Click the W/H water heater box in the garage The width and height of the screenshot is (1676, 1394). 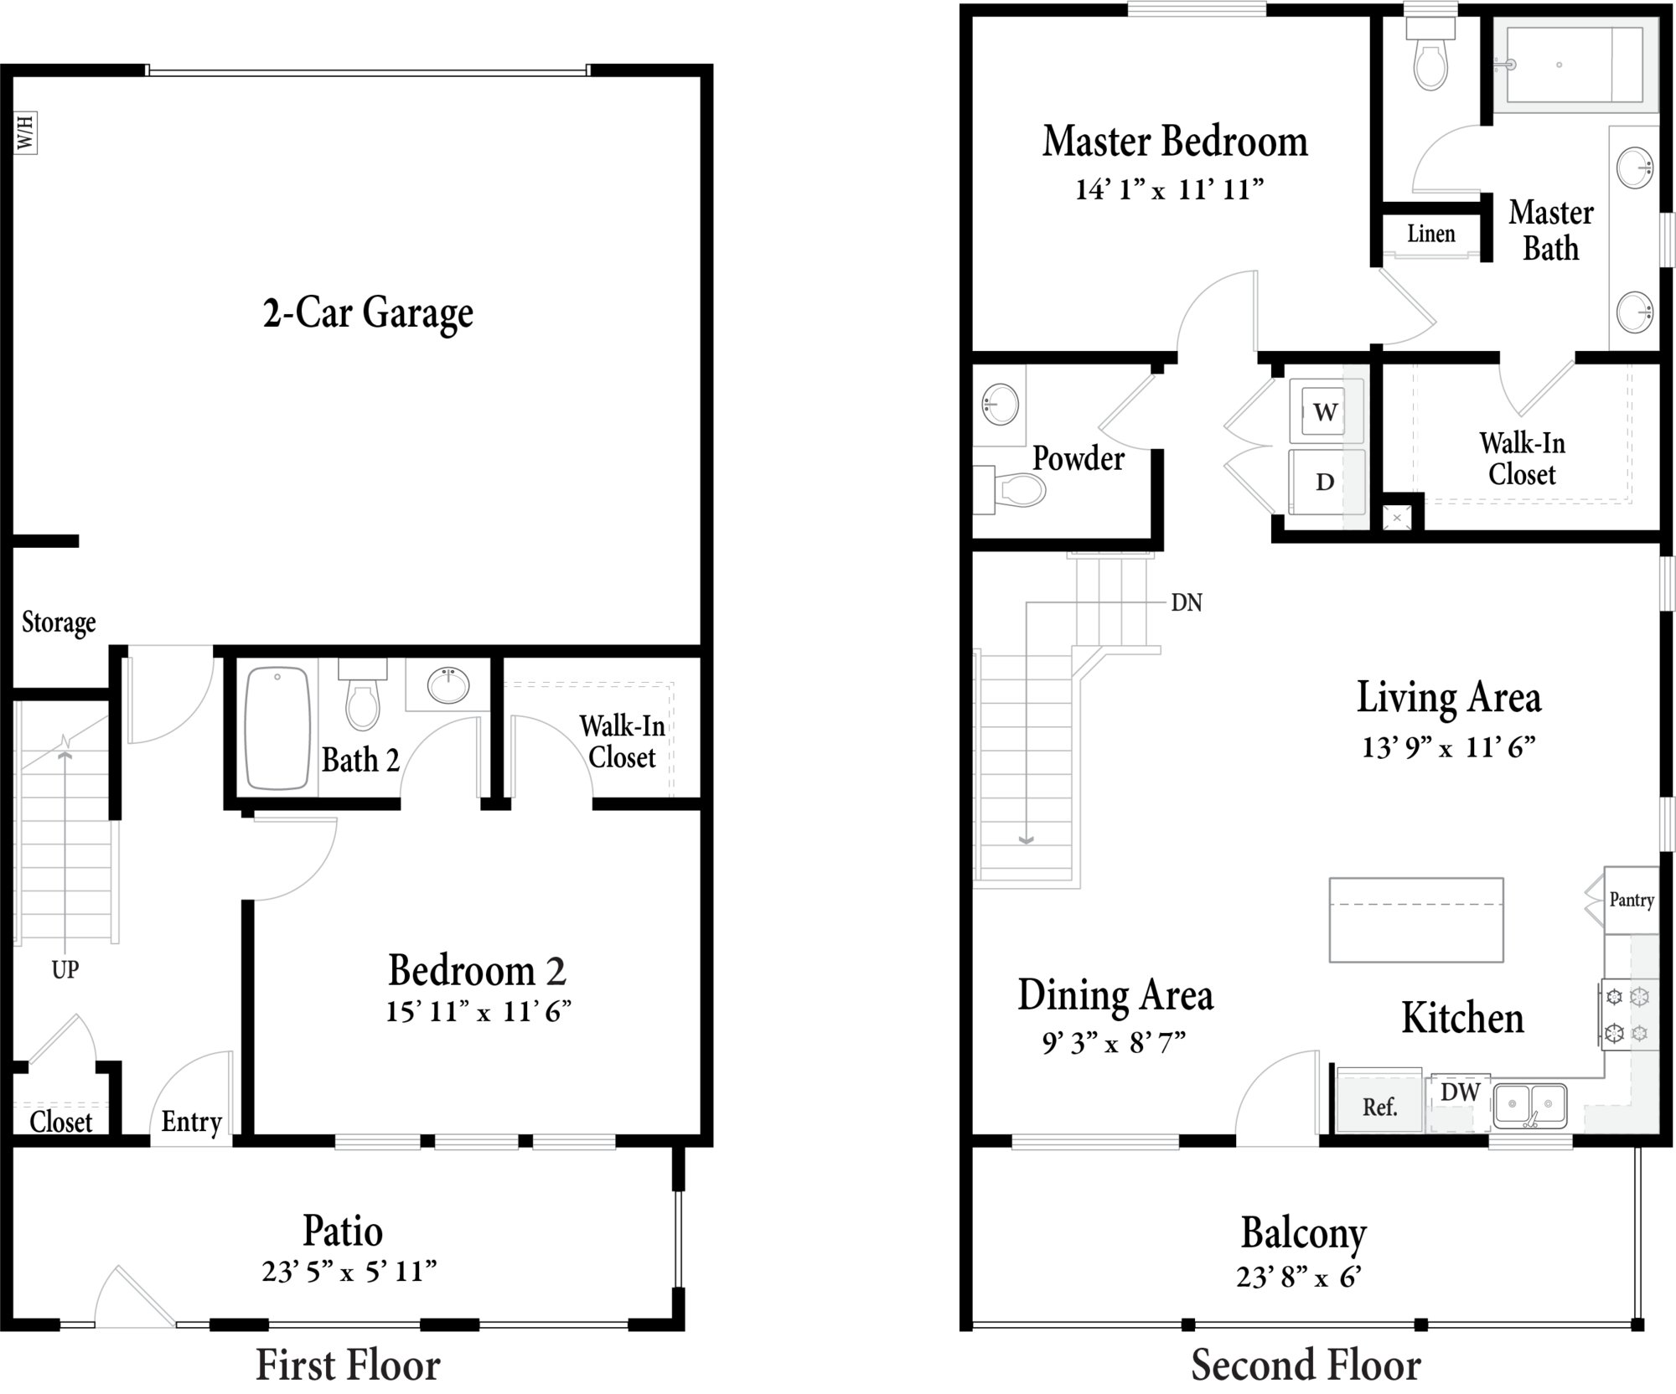(26, 133)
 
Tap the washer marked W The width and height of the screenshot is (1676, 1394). (1325, 411)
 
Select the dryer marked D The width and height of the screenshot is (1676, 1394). (1325, 482)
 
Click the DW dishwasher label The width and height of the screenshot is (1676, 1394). (1461, 1092)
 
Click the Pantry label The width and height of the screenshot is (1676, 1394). (1632, 901)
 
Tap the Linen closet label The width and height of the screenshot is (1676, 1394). (1430, 234)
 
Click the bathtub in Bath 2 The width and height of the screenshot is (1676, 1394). (277, 728)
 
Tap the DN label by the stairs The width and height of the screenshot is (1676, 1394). (1186, 602)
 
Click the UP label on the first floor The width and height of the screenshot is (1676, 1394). (65, 969)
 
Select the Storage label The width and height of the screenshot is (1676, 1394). (59, 622)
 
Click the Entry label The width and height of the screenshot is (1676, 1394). (191, 1122)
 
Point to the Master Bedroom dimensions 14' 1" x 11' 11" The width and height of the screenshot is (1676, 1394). (1169, 189)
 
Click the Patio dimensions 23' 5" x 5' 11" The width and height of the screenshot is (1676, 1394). (349, 1272)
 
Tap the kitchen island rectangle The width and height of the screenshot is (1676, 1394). (1416, 919)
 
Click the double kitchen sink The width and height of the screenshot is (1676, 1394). (1530, 1106)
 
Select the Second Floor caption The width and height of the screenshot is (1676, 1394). (1306, 1365)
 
